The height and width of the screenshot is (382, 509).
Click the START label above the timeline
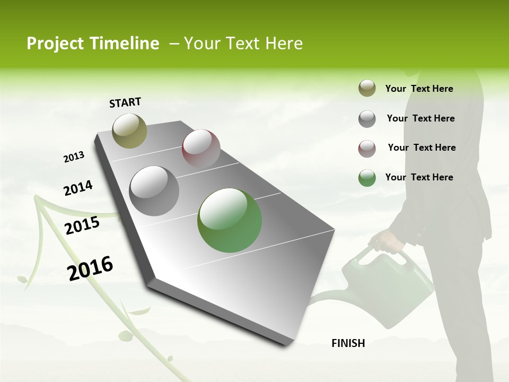click(x=125, y=102)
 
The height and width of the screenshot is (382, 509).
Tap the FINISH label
click(x=348, y=343)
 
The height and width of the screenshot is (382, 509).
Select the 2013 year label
click(x=74, y=157)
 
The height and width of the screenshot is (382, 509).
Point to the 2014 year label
click(x=78, y=188)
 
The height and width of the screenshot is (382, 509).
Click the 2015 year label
click(x=82, y=225)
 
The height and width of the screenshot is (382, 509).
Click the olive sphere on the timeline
click(x=129, y=131)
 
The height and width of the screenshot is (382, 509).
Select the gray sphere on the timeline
click(x=154, y=190)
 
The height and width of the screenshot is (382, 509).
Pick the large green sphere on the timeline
click(x=230, y=220)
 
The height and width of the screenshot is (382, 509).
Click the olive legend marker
click(x=367, y=89)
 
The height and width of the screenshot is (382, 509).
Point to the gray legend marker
click(x=367, y=118)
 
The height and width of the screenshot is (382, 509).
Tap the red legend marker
click(x=367, y=148)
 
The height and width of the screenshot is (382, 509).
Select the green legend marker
click(x=367, y=178)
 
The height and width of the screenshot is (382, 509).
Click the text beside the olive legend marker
click(x=419, y=89)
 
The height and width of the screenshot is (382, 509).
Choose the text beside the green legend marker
click(x=419, y=177)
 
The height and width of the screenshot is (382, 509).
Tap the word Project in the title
click(x=52, y=44)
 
